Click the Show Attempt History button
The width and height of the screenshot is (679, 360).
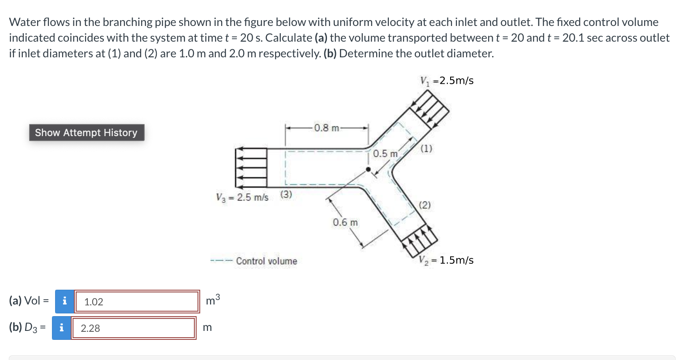click(86, 133)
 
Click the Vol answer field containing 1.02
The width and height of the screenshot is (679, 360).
click(137, 301)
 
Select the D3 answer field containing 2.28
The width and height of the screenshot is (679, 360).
click(133, 328)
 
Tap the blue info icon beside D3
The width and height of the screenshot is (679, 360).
click(61, 328)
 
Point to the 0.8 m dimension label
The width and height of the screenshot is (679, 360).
click(327, 128)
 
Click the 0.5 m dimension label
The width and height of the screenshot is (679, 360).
click(385, 154)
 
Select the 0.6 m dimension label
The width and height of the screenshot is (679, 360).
click(345, 222)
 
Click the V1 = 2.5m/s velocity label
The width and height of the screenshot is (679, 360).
click(447, 81)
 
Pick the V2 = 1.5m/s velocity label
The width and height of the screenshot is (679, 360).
click(446, 260)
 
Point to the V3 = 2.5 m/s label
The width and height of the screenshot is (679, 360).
click(242, 197)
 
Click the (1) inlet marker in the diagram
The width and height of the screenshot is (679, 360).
click(426, 149)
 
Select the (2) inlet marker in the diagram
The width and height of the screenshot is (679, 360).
click(425, 206)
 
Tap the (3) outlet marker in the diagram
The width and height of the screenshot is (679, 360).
click(286, 194)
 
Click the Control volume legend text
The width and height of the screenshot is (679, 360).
click(266, 261)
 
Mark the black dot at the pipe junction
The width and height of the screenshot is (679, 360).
click(368, 169)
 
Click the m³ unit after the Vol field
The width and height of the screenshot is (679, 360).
click(213, 300)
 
